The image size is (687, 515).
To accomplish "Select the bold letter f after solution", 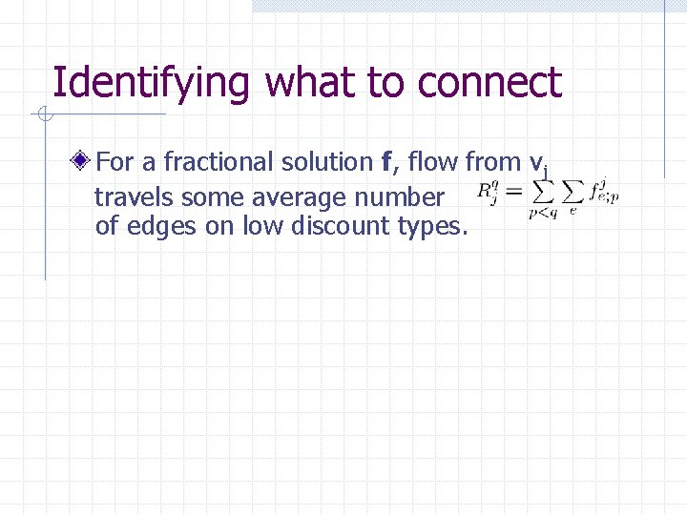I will coord(385,162).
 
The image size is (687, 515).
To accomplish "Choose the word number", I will coord(401,197).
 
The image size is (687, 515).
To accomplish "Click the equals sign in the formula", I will coord(512,194).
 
